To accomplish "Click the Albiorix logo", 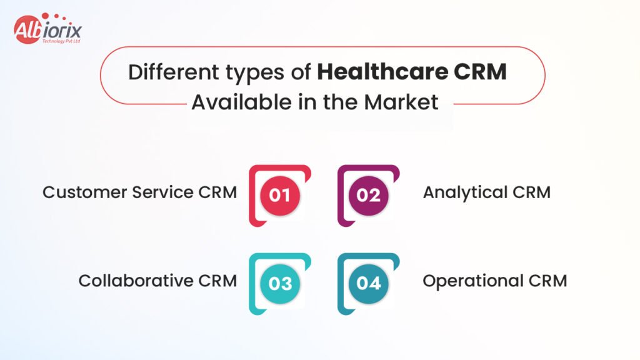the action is tap(47, 29).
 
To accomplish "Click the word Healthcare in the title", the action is tap(382, 72).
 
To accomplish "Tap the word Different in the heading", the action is tap(174, 72).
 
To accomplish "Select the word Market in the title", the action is tap(402, 102).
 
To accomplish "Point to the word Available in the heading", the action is tap(242, 102).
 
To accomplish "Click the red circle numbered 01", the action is tap(280, 196).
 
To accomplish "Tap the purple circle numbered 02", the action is tap(369, 196).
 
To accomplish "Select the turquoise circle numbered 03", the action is tap(280, 284).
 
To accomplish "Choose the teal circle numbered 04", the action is tap(369, 284).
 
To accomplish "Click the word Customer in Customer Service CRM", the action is tap(85, 192).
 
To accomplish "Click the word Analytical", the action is tap(465, 192).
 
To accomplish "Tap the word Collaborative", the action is tap(136, 281).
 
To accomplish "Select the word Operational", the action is tap(473, 281).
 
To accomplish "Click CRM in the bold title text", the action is tap(480, 72).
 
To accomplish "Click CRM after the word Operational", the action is tap(547, 281).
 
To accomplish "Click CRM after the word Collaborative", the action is tap(217, 281).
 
